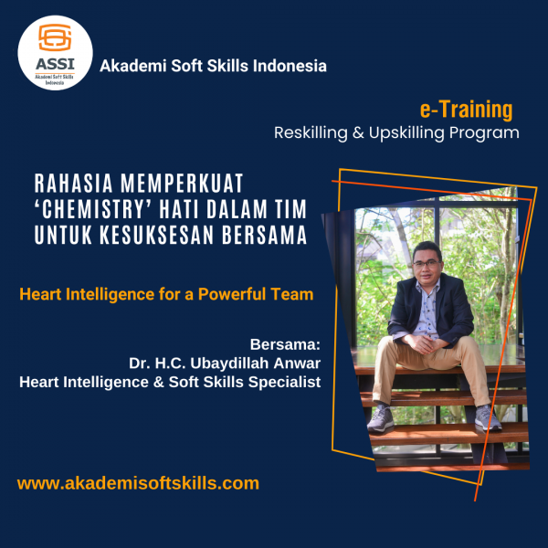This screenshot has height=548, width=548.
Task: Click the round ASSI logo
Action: click(x=55, y=53)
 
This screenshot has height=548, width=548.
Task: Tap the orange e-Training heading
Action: click(x=466, y=110)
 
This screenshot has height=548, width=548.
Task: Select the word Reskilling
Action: click(x=311, y=133)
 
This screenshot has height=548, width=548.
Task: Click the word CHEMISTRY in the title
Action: click(x=90, y=208)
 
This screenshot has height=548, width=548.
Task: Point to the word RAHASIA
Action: click(x=73, y=184)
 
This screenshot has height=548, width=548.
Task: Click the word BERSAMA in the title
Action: click(x=264, y=235)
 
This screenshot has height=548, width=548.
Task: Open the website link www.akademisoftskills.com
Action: click(x=138, y=483)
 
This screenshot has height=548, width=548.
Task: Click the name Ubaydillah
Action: click(x=230, y=364)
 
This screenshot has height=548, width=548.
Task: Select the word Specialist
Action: click(x=284, y=383)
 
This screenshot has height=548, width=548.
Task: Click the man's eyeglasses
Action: click(x=427, y=264)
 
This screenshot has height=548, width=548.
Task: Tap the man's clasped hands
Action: click(x=424, y=344)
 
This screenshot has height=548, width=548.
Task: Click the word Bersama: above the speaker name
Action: click(x=285, y=344)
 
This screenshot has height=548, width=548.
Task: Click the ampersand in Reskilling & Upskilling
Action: click(x=358, y=132)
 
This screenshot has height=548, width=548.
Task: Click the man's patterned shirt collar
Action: click(x=427, y=287)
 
